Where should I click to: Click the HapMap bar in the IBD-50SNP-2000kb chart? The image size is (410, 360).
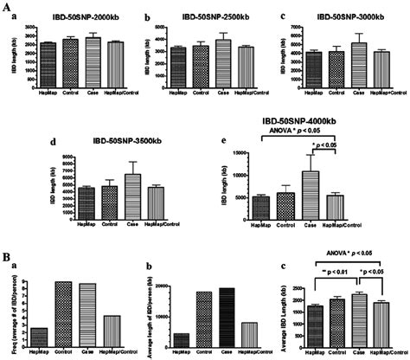(47, 55)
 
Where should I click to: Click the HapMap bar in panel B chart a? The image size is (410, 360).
(40, 335)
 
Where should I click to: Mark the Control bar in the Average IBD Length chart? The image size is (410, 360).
(337, 319)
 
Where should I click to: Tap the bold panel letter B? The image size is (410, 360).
(8, 257)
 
